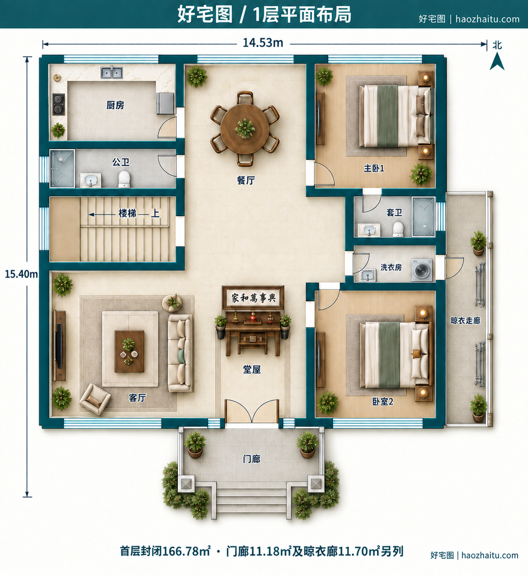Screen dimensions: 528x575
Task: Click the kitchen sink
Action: point(112,72)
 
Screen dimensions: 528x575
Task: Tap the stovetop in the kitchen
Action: point(58,105)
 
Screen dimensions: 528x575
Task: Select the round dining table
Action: point(245,129)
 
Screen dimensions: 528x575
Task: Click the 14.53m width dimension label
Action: point(263,43)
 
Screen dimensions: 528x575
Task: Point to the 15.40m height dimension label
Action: point(21,274)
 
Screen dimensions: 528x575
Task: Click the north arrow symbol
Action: point(497,62)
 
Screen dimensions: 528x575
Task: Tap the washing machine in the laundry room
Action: point(422,270)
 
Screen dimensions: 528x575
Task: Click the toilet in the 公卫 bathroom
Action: point(124,179)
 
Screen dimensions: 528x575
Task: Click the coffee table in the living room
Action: point(129,351)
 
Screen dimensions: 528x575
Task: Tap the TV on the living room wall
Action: point(59,346)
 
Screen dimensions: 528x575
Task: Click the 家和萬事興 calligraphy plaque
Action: point(253,298)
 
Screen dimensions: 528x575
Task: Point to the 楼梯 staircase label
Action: point(127,213)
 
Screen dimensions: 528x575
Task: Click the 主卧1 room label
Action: point(374,168)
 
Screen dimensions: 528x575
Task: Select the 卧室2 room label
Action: point(383,401)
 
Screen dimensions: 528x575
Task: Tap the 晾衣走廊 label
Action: point(466,321)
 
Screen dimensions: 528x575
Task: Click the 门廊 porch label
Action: point(251,459)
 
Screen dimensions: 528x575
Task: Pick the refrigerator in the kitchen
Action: point(165,103)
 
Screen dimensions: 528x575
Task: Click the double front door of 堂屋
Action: point(252,411)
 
